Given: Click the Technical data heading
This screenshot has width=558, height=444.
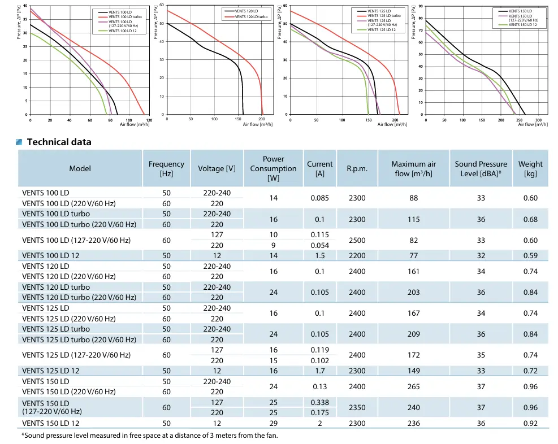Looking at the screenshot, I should point(59,142).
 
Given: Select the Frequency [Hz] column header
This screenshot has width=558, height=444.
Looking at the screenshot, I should point(166,168).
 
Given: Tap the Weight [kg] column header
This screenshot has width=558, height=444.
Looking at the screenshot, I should point(530,168).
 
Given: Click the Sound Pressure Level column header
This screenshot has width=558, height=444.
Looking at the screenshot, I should point(481,168).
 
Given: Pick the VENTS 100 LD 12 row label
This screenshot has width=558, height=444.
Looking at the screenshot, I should point(51,255).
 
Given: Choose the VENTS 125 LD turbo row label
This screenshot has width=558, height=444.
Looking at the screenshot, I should point(56,329).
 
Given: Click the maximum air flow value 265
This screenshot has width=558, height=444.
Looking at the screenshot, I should point(414,386).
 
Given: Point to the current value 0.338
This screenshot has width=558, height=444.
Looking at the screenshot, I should point(319,402).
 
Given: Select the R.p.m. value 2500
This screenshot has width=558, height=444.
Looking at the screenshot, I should point(357,240).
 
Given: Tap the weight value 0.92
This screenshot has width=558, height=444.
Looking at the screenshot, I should point(530,423).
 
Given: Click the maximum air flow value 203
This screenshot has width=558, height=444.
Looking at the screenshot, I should point(414,292).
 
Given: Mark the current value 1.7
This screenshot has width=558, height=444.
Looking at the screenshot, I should point(319,371).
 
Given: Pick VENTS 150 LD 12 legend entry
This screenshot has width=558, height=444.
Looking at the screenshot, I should point(524,25).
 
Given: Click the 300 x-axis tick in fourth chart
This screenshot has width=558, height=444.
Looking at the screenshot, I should point(538,120).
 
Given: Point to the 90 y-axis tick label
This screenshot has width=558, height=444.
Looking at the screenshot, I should point(420,6).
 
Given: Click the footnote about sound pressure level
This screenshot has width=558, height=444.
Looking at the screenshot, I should point(149,435).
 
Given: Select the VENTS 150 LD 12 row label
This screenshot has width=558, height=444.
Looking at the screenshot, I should point(51,423).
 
